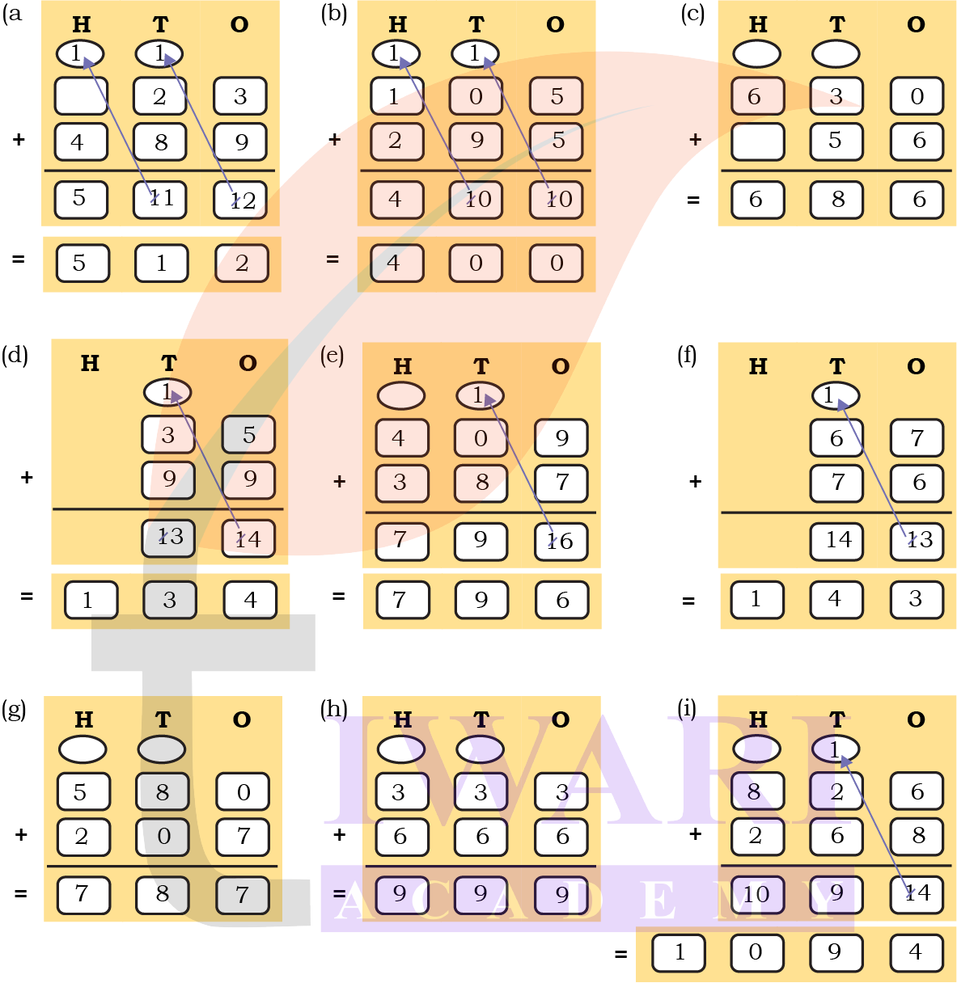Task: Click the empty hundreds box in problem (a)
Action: [x=81, y=96]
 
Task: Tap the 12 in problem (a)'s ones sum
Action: [x=240, y=200]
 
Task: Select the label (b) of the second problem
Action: [x=333, y=14]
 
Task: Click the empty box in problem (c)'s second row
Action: [x=757, y=141]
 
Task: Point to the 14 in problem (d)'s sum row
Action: [x=248, y=538]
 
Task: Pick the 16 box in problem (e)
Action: [x=561, y=541]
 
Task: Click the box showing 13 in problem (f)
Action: [x=917, y=541]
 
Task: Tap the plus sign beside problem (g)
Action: [x=22, y=834]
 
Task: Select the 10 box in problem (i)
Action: [x=756, y=894]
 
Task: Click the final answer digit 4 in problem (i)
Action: [x=915, y=952]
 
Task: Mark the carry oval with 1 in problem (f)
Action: [x=835, y=395]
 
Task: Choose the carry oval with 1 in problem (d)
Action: [x=167, y=392]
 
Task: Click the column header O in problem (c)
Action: [x=916, y=25]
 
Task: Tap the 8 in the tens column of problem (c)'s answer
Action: [x=836, y=200]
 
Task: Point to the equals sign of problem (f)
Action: [x=688, y=601]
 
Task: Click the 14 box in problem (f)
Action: [x=837, y=541]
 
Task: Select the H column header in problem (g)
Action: [x=83, y=719]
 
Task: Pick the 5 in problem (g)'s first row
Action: [x=81, y=792]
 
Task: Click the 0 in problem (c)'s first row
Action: [x=917, y=96]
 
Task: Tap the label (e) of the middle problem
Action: [x=332, y=356]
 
